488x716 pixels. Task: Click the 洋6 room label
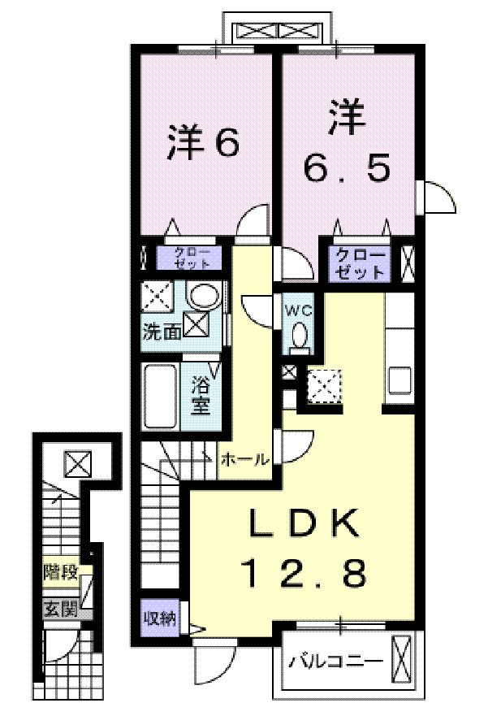point(203,143)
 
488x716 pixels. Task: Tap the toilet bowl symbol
point(299,336)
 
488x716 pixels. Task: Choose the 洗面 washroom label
point(162,331)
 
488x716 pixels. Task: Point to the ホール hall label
point(244,460)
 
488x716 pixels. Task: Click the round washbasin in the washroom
point(202,295)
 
